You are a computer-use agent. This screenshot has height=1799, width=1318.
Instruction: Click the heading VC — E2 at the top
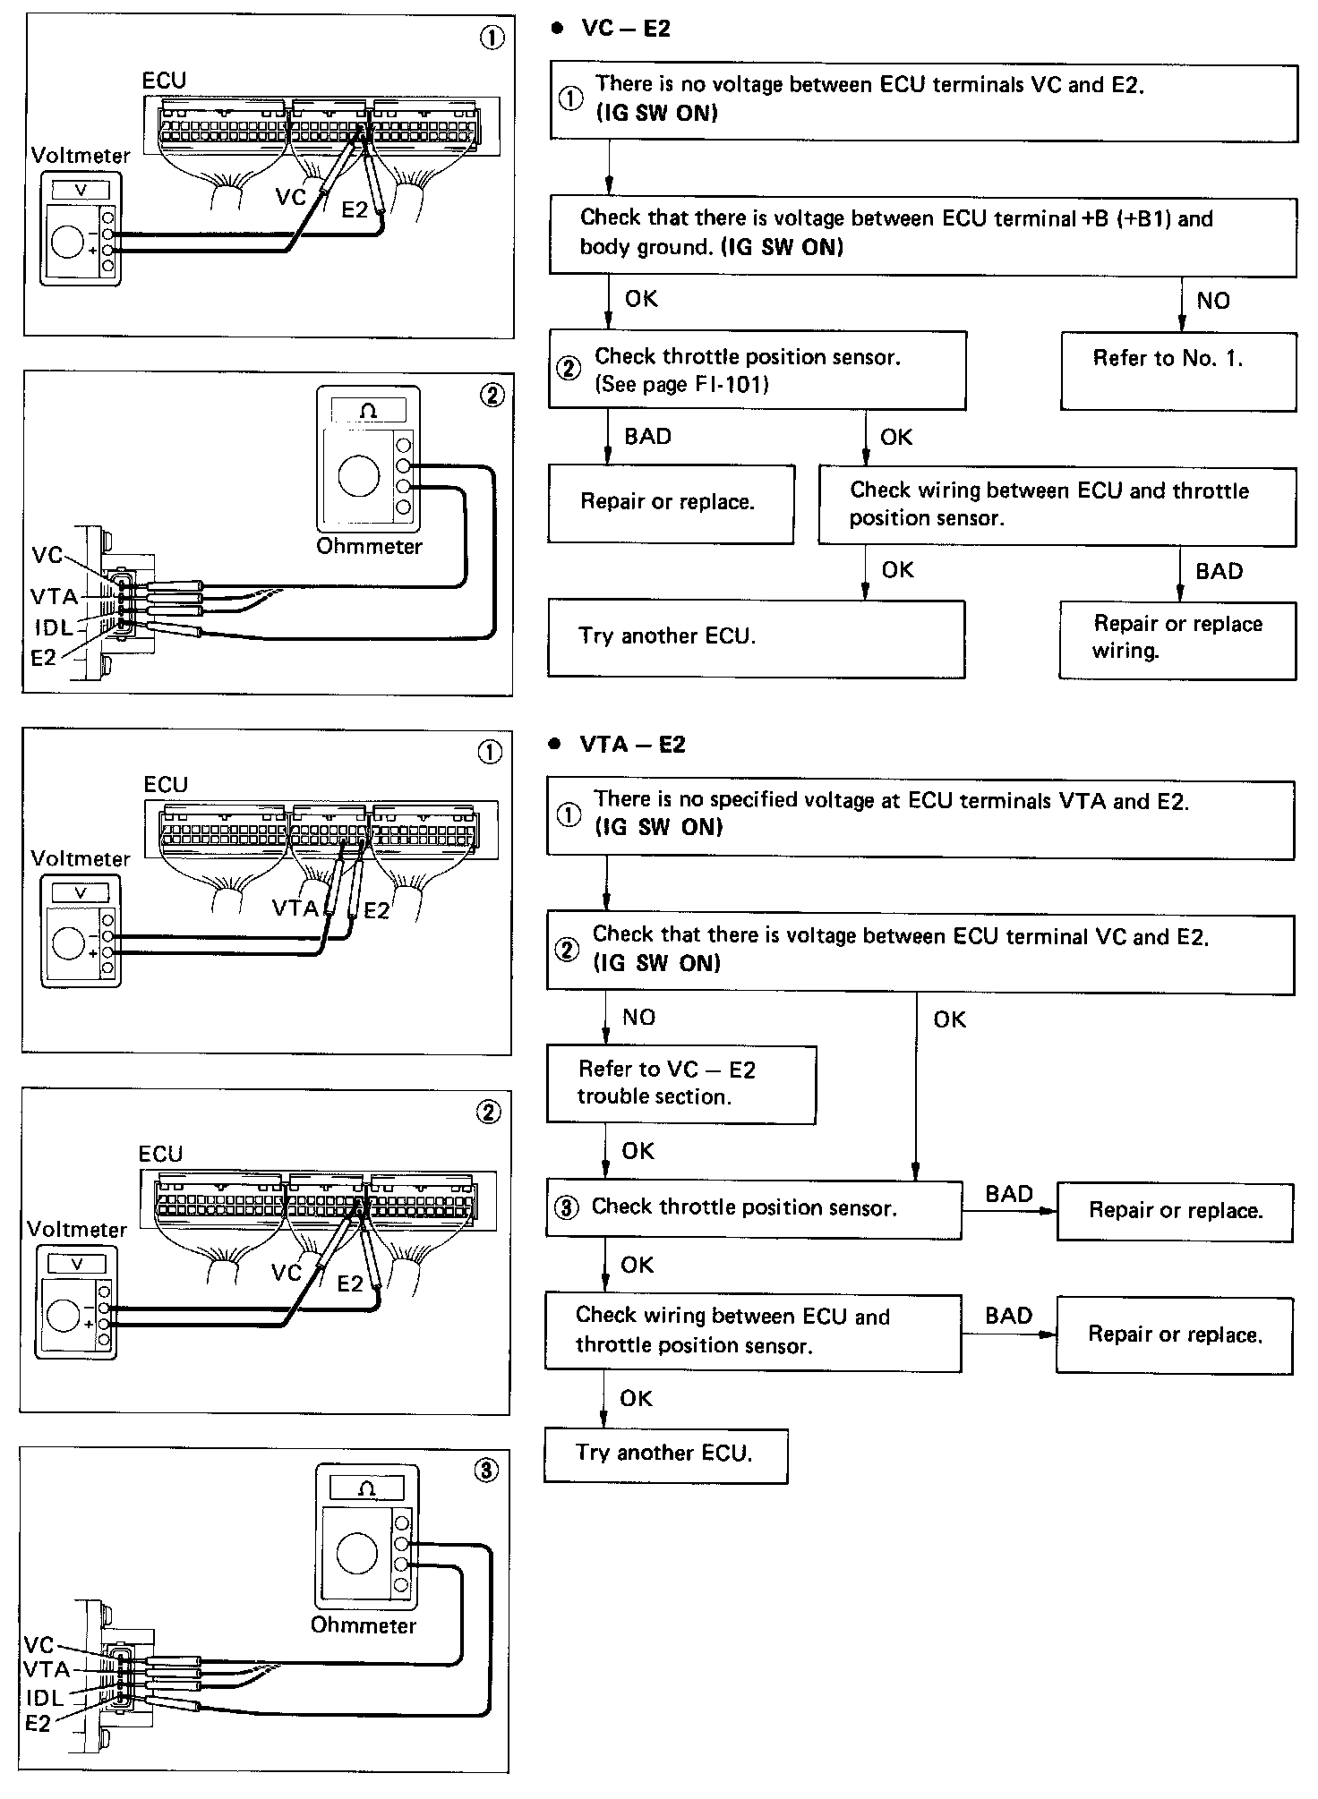(x=625, y=29)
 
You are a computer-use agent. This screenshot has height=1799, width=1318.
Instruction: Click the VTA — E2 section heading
(x=631, y=744)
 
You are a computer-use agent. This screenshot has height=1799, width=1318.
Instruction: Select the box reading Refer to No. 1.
(x=1177, y=371)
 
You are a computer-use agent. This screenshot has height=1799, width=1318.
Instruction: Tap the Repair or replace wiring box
(x=1177, y=639)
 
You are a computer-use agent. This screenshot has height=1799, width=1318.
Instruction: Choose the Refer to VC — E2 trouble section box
(x=680, y=1083)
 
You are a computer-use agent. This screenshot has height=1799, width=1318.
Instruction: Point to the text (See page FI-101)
(x=681, y=385)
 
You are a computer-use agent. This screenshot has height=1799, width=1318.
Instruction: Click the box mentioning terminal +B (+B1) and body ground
(x=922, y=236)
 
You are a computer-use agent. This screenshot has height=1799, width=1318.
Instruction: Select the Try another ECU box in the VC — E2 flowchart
(x=756, y=637)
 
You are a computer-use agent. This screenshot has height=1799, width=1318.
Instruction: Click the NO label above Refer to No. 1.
(x=1213, y=301)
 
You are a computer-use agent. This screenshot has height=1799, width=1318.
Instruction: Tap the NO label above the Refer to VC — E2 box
(x=638, y=1017)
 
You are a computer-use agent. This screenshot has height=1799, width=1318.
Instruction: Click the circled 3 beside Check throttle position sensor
(x=566, y=1207)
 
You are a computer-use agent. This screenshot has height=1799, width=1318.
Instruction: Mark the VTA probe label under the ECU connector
(x=295, y=908)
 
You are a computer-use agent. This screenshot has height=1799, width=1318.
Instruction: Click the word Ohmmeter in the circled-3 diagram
(x=364, y=1624)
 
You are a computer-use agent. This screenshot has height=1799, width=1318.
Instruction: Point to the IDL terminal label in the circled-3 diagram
(x=45, y=1697)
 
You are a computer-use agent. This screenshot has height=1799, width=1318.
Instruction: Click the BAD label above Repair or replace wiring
(x=1219, y=571)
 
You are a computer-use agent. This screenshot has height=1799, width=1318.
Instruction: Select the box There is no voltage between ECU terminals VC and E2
(x=922, y=100)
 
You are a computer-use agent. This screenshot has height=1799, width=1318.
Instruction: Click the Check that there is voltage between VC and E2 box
(x=920, y=952)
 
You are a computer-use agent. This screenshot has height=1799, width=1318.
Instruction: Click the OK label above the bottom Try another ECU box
(x=636, y=1398)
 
